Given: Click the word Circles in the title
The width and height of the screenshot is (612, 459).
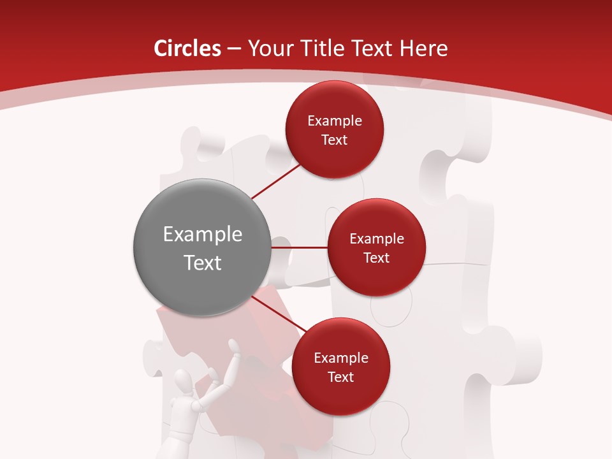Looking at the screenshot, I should (187, 48).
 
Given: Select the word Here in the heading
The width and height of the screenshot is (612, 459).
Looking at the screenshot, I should (423, 48).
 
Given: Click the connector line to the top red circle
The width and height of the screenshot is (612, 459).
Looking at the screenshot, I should (275, 181).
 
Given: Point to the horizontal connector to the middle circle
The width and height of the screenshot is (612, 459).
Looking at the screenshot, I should (300, 247).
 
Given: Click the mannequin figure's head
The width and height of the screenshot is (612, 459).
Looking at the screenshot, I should (184, 383).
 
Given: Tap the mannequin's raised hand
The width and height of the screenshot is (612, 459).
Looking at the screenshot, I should (234, 347).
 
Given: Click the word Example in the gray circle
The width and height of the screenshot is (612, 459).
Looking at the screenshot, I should (203, 235).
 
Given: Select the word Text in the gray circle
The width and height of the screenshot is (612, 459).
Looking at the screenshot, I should (203, 263).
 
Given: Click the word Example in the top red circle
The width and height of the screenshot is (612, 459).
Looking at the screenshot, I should (335, 121).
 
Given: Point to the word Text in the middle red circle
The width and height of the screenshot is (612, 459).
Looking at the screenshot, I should (377, 258).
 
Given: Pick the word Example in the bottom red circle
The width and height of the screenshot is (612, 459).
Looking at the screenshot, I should (341, 358).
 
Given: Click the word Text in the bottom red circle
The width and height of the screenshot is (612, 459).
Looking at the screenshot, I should (341, 377).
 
